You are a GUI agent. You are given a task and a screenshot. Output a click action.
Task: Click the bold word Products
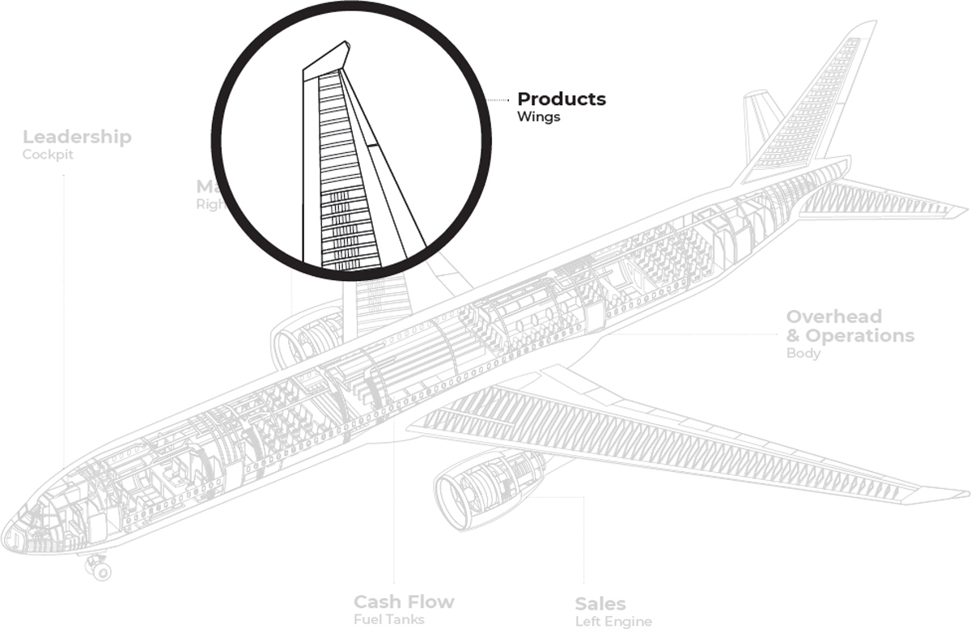pos(561,99)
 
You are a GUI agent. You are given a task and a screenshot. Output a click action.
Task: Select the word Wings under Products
pos(538,117)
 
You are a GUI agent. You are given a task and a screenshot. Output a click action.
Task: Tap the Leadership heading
pos(77,137)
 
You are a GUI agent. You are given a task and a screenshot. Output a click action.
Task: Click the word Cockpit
pos(48,155)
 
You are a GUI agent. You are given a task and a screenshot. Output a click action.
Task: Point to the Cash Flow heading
pos(403,602)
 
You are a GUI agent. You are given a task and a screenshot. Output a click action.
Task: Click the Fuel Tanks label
pos(388,620)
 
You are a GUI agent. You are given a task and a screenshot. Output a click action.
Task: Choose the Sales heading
pos(600,604)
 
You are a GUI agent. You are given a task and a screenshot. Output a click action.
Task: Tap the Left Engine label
pos(613,622)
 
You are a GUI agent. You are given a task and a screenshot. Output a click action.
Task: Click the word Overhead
pos(833,317)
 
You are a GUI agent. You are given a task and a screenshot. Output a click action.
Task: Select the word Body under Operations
pos(803,354)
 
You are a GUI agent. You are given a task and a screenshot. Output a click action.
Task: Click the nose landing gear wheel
pos(101,571)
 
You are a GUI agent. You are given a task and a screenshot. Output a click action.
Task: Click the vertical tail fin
pos(817,105)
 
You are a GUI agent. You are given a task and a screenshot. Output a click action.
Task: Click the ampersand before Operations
pos(794,336)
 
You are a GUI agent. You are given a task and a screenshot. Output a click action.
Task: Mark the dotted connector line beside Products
pos(502,100)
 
